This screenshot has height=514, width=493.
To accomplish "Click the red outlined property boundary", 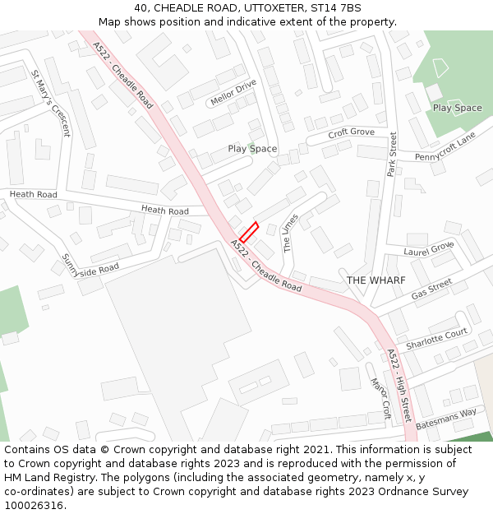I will [249, 232].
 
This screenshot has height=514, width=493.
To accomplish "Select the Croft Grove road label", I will [351, 132].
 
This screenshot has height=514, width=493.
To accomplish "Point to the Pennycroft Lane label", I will [445, 146].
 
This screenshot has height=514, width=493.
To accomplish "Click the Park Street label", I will [392, 154].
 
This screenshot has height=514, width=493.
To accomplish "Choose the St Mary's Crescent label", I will [51, 103].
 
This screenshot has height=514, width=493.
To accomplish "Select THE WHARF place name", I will [376, 280].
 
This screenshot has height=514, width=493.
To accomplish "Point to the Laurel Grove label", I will [429, 248].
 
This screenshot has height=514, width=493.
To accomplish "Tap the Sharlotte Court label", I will [436, 338].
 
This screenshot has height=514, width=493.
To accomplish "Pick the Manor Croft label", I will [380, 399].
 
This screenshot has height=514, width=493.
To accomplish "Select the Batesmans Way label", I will [446, 419].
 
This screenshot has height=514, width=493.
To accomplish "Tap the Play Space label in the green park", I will [457, 108].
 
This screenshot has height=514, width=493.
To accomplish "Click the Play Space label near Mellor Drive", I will [252, 149].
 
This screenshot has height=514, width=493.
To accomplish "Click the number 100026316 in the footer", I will [33, 506].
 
